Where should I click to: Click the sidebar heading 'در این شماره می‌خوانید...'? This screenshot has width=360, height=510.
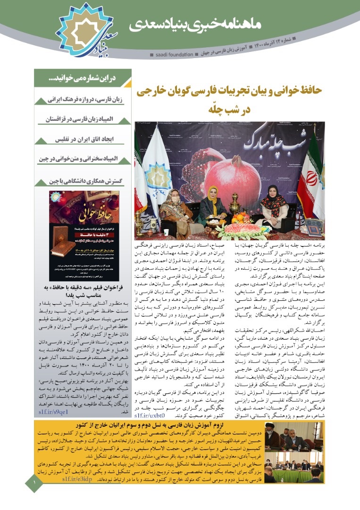point(83,78)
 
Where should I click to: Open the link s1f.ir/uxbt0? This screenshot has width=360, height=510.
point(149,416)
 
